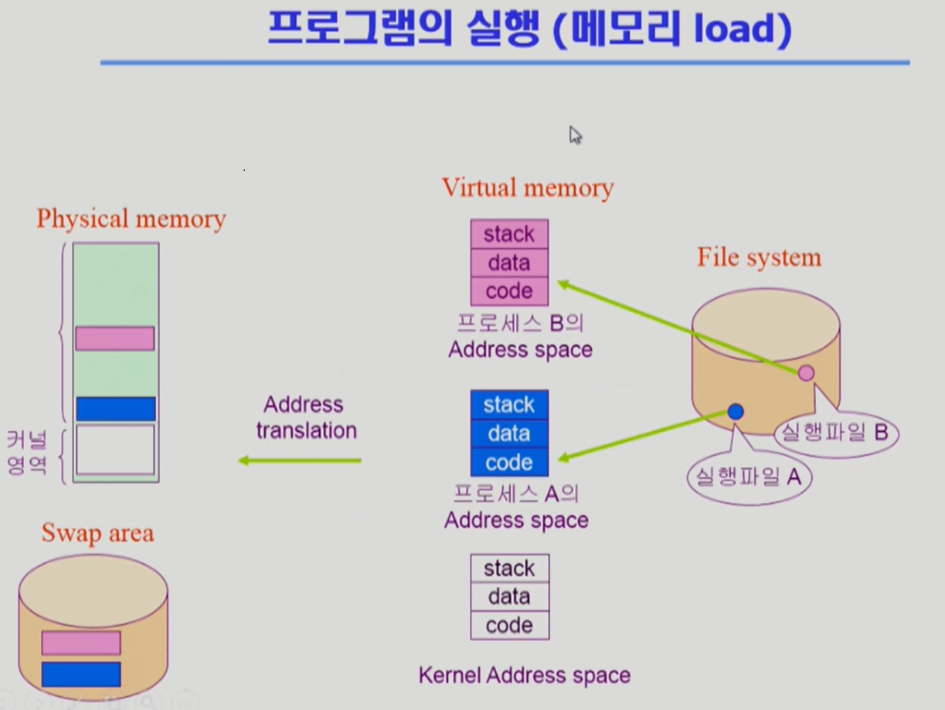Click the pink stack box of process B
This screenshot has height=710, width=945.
(509, 234)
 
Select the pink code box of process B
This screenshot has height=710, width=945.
(509, 291)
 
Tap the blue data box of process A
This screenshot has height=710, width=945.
(509, 433)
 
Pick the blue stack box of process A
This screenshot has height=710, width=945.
(509, 405)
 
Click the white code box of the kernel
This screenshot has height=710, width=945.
(509, 625)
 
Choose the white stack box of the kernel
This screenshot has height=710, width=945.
(509, 569)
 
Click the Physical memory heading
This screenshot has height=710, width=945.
(131, 219)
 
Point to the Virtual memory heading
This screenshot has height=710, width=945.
(528, 188)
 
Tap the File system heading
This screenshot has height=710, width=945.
(759, 257)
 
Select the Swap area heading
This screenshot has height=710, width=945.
(97, 533)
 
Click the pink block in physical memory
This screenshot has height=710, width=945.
(115, 338)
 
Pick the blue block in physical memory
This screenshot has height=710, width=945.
(115, 409)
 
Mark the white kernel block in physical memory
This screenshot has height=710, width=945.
(115, 449)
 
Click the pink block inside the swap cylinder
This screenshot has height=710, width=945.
(81, 643)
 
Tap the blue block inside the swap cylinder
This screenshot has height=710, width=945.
(81, 674)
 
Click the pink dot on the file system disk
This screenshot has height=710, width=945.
(806, 373)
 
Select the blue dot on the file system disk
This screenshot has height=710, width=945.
(736, 412)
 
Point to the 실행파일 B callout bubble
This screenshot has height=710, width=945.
(835, 433)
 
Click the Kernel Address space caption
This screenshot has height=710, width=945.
(524, 675)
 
